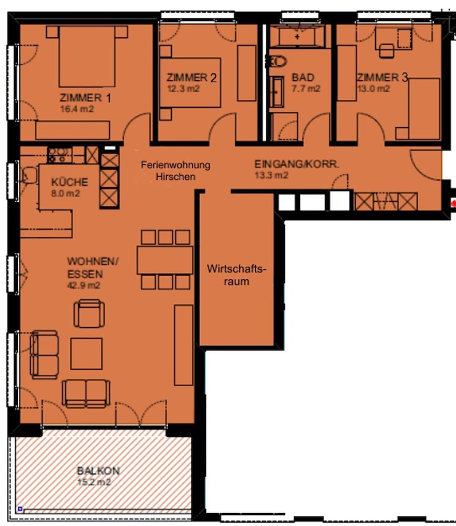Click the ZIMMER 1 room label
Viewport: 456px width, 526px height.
(x=86, y=98)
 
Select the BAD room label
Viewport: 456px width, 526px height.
(x=303, y=78)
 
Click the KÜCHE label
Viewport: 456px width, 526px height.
(x=69, y=183)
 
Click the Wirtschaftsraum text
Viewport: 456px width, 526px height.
(x=236, y=275)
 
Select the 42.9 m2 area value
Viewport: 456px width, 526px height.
(x=84, y=286)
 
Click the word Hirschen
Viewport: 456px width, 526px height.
(x=175, y=176)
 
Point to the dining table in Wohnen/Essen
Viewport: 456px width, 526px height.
(x=165, y=260)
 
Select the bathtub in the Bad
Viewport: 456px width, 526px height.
(x=298, y=37)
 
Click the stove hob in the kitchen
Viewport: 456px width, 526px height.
(x=58, y=155)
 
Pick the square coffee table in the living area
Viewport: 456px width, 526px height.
(x=86, y=353)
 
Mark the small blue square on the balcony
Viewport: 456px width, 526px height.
(x=20, y=509)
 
